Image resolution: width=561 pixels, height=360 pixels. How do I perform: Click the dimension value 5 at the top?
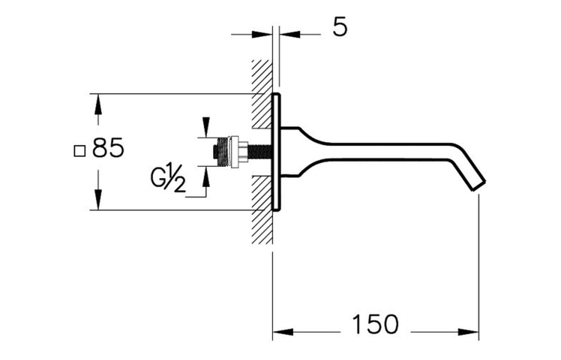pyautogui.click(x=340, y=28)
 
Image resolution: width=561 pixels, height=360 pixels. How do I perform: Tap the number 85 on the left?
pyautogui.click(x=108, y=148)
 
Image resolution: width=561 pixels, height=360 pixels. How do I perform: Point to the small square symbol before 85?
pyautogui.click(x=79, y=151)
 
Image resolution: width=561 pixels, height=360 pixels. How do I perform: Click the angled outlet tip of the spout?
pyautogui.click(x=478, y=185)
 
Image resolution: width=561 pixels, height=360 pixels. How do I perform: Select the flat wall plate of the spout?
pyautogui.click(x=276, y=152)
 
